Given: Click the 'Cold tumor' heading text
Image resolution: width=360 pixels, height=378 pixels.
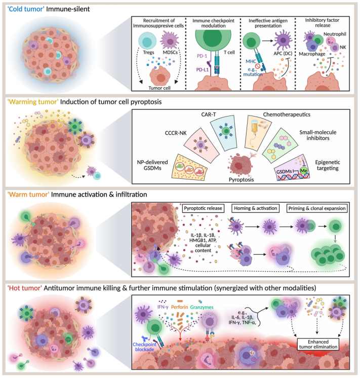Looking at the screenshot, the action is (26, 9).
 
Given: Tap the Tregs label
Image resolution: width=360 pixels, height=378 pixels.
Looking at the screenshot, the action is (148, 52).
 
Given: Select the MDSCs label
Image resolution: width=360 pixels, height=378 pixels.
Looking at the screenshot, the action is (170, 52).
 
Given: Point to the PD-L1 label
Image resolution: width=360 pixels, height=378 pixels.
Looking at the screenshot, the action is (202, 69).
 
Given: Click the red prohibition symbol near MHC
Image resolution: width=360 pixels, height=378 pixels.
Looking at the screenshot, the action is (257, 66).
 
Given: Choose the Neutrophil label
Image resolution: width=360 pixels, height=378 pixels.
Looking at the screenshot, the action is (335, 34).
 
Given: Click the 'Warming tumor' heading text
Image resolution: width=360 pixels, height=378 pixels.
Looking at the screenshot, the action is (33, 102).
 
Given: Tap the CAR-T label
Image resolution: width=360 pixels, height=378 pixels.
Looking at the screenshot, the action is (209, 115).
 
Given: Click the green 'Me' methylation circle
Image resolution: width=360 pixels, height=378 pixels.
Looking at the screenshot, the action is (304, 171).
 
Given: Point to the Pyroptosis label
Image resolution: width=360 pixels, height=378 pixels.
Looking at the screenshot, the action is (241, 179).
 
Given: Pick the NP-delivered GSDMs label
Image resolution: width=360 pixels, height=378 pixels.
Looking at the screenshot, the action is (152, 165).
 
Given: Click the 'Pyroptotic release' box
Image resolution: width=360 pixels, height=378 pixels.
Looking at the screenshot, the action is (203, 208).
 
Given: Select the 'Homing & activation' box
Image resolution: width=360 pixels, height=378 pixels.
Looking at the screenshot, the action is (255, 208).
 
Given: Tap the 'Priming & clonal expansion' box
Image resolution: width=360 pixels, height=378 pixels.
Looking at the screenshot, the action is (317, 208).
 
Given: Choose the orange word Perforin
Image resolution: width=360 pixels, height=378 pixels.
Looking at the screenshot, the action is (180, 307).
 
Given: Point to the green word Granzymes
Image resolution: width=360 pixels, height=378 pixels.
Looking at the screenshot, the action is (202, 307).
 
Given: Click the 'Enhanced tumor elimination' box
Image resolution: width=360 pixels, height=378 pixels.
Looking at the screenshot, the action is (318, 344).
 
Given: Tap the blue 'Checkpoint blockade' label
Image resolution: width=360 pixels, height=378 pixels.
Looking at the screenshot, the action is (145, 347).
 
